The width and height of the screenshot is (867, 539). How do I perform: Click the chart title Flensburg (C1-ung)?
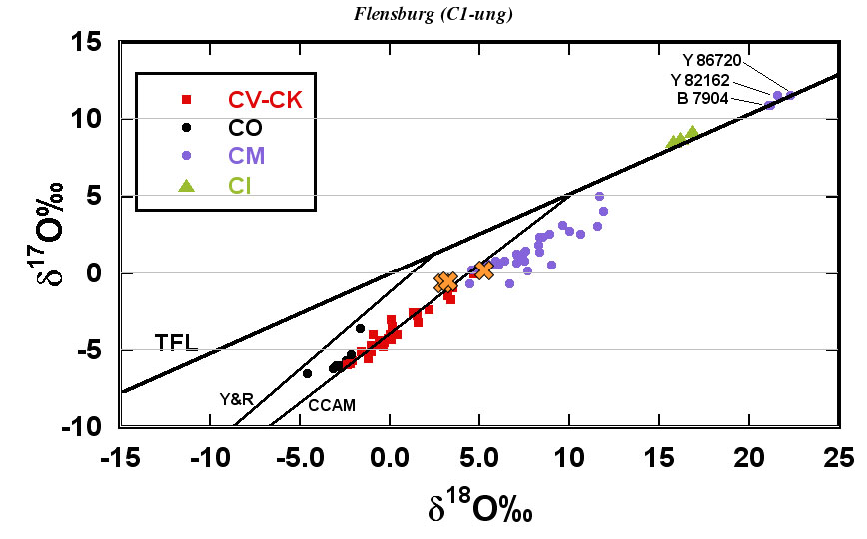click(x=433, y=13)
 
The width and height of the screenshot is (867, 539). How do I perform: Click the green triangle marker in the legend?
click(x=185, y=184)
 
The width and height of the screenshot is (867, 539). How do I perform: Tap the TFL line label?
click(x=176, y=345)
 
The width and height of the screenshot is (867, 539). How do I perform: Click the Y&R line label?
click(x=236, y=399)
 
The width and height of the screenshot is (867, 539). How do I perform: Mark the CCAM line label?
click(x=331, y=406)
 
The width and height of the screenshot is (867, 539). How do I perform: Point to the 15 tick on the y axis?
click(x=96, y=42)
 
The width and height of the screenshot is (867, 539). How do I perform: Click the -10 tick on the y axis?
click(x=87, y=426)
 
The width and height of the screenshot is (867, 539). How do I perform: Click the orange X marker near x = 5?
click(x=483, y=269)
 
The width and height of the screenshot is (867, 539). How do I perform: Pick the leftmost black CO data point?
click(x=307, y=373)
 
